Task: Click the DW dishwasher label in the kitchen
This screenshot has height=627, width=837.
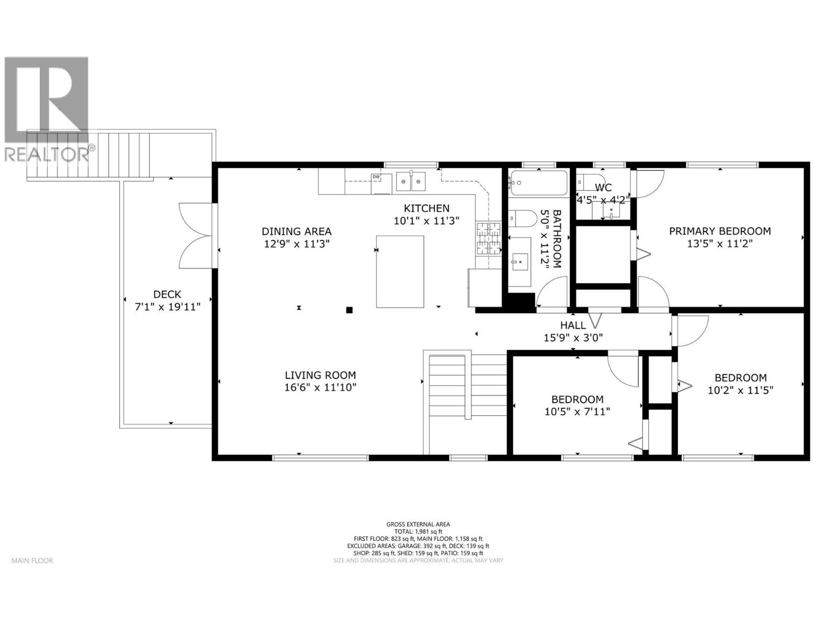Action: [376, 177]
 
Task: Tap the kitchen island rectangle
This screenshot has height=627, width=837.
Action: [400, 271]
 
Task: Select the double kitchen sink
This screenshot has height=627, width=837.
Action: [411, 181]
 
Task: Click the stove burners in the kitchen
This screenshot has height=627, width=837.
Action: [488, 239]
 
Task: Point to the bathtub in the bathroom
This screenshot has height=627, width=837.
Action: [538, 183]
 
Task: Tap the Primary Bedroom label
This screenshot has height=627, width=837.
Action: [720, 231]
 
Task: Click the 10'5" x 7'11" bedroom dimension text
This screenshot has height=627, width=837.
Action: [577, 411]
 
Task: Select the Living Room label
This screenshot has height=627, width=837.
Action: [320, 375]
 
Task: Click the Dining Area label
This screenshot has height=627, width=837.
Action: [297, 231]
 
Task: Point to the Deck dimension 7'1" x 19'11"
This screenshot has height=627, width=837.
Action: [167, 307]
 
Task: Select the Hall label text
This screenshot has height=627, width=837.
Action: [573, 326]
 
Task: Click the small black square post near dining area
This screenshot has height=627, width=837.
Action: [349, 310]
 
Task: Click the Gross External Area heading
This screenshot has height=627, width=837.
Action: [418, 524]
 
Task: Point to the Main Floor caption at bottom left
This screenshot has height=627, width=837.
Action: [32, 561]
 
